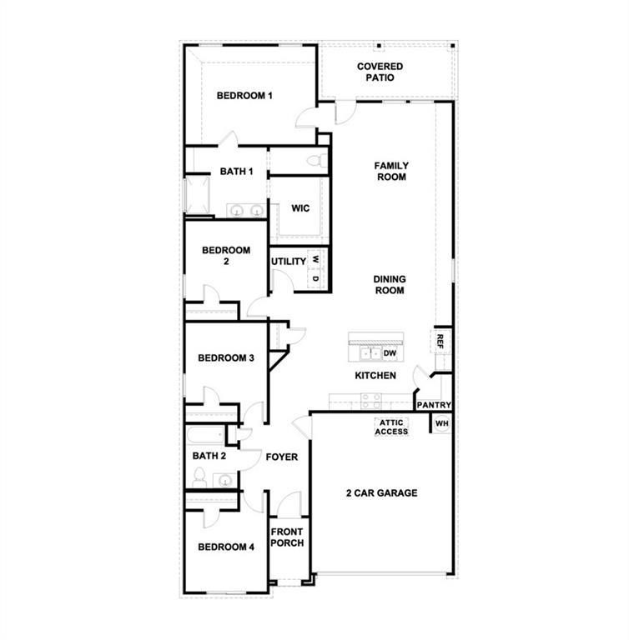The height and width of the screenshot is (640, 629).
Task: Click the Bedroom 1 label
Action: coord(244,96)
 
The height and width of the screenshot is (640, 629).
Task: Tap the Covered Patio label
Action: coord(380,72)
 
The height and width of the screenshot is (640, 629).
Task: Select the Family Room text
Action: coord(390,171)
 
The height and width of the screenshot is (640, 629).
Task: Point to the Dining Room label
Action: coord(390,285)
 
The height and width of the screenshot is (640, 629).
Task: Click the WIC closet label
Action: coord(300,208)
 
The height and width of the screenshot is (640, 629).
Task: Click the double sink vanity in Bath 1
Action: coord(245,210)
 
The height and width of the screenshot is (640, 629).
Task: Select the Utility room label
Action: coord(289,262)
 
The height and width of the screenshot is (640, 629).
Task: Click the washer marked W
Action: coord(316,259)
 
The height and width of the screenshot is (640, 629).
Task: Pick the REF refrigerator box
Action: coord(440,340)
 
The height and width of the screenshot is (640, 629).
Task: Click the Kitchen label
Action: coord(375,376)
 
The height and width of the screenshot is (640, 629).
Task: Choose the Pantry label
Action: coord(434,406)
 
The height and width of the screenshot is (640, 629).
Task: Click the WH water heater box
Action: coord(441,424)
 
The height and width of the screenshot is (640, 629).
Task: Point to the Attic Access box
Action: coord(391,427)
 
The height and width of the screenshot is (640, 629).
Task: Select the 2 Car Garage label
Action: coord(381,493)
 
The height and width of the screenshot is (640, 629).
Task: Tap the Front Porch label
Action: coord(287,537)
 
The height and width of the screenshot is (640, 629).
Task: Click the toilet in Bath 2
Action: coord(200,477)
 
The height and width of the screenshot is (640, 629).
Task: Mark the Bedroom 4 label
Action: coord(225,547)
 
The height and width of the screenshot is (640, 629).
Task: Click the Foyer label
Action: coord(281,457)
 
